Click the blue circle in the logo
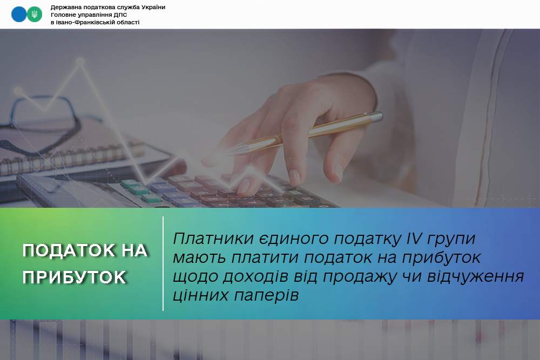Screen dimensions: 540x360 [18, 15]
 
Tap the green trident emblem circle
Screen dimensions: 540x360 [35, 15]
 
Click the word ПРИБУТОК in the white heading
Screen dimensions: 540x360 [75, 277]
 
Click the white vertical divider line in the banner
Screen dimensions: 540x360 [163, 263]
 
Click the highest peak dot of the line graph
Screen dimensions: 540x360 [80, 62]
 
